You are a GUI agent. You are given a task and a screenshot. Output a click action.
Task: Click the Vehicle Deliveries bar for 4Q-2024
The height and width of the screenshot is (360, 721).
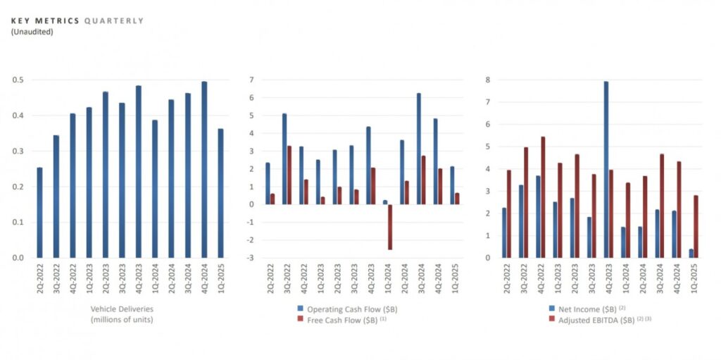coord(204,170)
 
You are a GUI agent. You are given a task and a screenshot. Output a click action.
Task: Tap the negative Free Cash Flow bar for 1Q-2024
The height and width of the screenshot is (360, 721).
coord(389,227)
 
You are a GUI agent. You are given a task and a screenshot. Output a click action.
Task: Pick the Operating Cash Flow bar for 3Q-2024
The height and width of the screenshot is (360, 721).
coord(419,149)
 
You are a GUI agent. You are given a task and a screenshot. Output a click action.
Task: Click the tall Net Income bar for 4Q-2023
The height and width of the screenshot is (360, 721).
coord(606,170)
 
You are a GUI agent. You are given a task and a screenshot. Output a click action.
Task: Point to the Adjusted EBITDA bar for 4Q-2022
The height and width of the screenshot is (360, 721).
coord(543,197)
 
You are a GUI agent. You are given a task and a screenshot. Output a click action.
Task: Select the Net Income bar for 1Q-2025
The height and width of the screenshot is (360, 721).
coord(691,254)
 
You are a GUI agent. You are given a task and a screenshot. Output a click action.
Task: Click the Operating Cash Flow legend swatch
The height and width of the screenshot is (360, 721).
coord(301,309)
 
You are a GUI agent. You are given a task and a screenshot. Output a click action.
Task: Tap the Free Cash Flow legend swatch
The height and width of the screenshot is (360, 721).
coord(301,319)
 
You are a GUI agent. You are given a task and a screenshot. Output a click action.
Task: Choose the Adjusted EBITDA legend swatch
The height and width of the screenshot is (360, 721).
coord(552,319)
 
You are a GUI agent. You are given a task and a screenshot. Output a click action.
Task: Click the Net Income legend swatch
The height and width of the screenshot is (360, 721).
coord(552,309)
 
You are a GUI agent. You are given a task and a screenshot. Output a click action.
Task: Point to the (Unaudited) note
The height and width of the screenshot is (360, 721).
coord(32,32)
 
